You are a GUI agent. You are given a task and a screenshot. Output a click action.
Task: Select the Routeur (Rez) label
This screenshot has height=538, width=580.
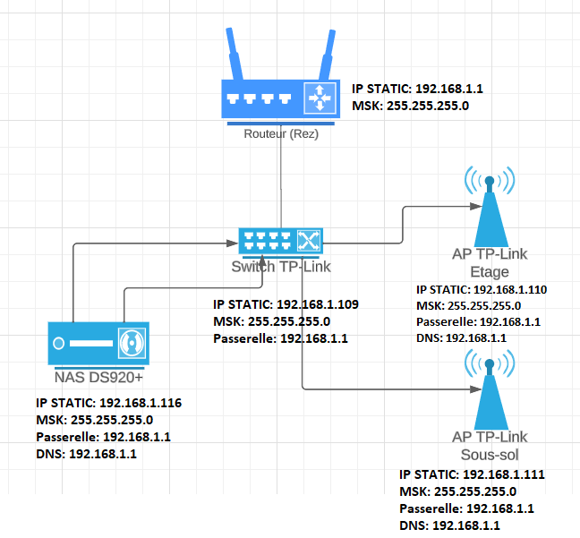(280, 134)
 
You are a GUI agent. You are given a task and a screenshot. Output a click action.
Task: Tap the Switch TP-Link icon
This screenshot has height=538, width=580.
(280, 240)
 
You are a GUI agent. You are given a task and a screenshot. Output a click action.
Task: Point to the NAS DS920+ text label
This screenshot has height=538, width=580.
(99, 377)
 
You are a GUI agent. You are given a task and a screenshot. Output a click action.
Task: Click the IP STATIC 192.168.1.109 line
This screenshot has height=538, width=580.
(286, 304)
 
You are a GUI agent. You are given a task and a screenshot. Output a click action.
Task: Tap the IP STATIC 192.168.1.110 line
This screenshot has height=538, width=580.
(482, 289)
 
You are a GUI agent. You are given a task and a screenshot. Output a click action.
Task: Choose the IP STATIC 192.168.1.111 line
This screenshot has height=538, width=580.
(472, 474)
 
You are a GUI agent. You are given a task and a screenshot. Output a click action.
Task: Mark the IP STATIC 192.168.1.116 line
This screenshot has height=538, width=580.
(108, 403)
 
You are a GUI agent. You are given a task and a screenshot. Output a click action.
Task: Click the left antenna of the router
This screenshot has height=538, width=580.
(235, 54)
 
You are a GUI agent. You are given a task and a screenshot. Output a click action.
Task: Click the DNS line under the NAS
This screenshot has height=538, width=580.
(87, 454)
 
